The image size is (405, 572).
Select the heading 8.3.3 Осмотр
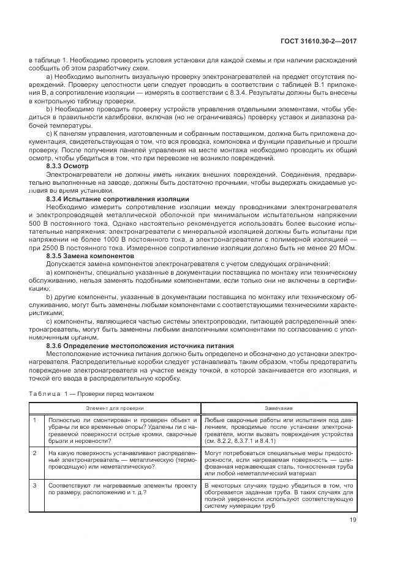[x=67, y=166]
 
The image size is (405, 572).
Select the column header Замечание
[x=279, y=407]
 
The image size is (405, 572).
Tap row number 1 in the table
[x=35, y=420]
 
